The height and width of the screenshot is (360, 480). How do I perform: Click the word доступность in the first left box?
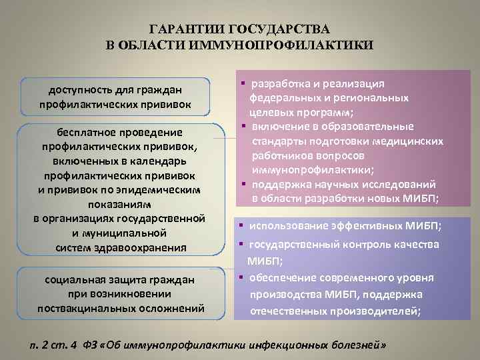coord(77,89)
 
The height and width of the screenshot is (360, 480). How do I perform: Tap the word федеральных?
coord(281,97)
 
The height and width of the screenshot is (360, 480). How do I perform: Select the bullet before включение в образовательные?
coord(245,126)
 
